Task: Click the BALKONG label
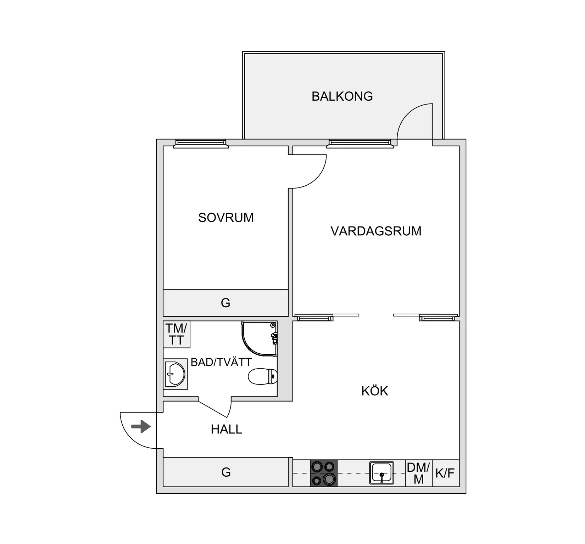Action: coord(342,96)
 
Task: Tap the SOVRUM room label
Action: coord(226,218)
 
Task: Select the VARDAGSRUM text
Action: coord(376,231)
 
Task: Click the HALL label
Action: coord(227,430)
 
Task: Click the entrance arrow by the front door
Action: coord(141,426)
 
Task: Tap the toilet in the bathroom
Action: coord(263,376)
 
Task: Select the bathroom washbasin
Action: coord(175,374)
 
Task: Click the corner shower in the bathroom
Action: coord(259,339)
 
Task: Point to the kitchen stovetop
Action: coord(324,473)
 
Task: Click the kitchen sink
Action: coord(381,473)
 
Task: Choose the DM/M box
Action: coord(419,473)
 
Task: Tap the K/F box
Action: coord(446,473)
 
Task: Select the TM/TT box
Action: coord(177,334)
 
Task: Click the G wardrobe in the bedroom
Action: coord(225,303)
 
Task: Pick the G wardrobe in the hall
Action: coord(226,472)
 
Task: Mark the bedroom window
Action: coord(201,143)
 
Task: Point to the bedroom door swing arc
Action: coord(316,178)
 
